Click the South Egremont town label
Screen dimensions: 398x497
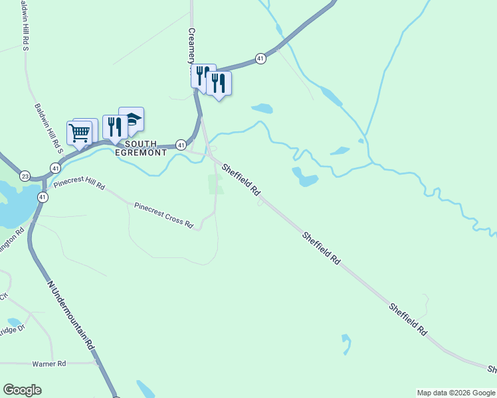point(141,148)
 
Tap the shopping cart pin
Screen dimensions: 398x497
point(80,133)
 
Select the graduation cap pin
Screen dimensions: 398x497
point(132,119)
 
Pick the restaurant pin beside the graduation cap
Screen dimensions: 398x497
point(115,127)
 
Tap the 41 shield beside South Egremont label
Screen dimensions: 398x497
point(180,144)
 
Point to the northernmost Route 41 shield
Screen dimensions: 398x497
point(260,59)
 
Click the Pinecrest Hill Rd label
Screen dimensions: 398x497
point(79,184)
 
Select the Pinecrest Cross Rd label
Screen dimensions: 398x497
point(163,216)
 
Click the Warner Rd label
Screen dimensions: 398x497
point(50,364)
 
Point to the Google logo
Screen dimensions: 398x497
point(22,390)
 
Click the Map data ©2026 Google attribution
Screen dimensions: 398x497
point(455,393)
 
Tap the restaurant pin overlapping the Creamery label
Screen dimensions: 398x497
point(203,76)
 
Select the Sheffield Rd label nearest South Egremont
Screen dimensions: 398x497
point(241,179)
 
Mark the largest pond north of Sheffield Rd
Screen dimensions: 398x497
point(304,176)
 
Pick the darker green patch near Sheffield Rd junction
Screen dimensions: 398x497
point(216,184)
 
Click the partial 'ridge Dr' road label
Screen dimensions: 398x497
point(11,330)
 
